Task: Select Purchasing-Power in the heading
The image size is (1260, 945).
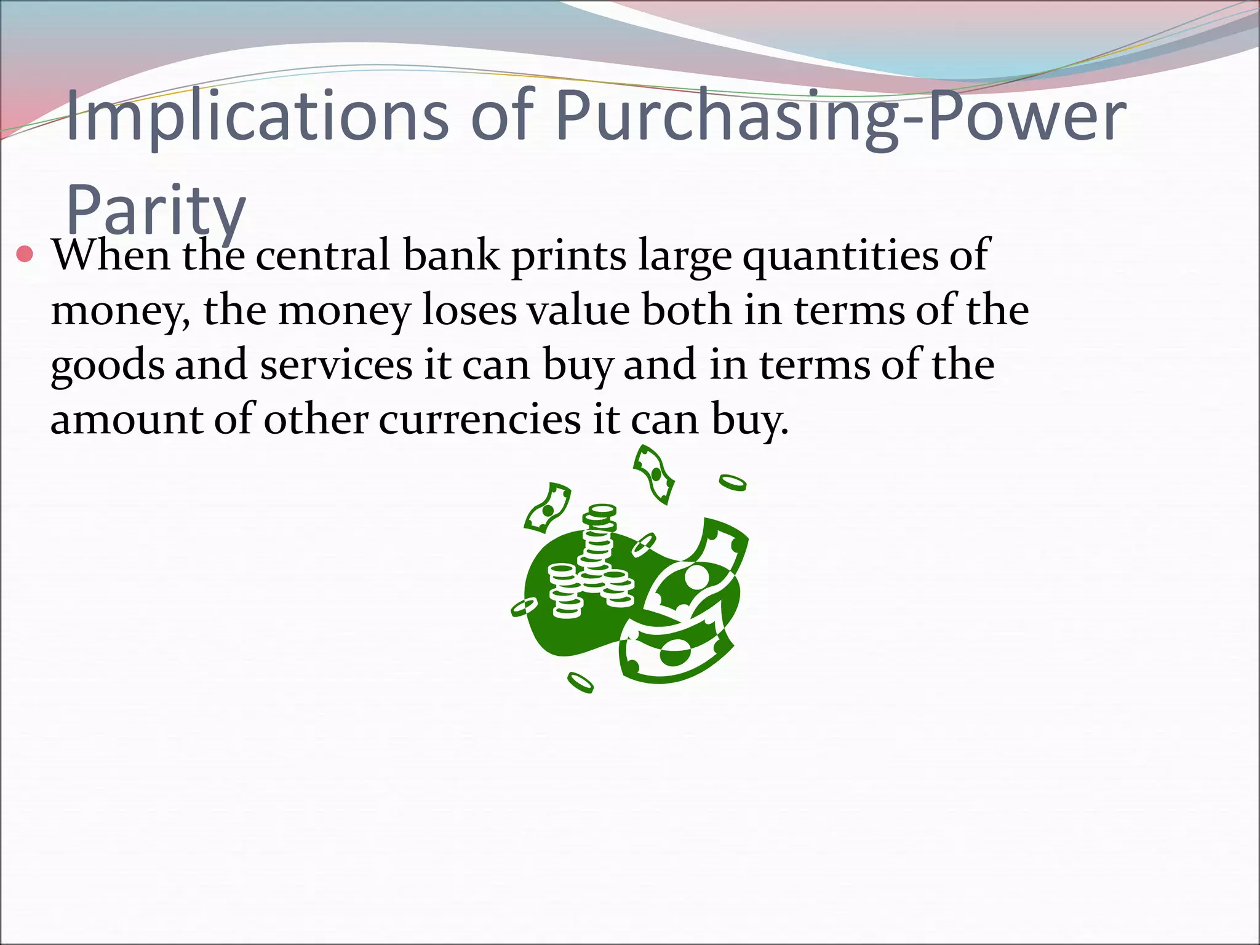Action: click(x=840, y=116)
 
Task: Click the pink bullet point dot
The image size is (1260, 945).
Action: click(x=25, y=254)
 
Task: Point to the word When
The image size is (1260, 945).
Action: click(x=111, y=255)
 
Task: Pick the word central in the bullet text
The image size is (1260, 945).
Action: click(x=322, y=255)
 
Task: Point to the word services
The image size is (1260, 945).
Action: click(x=336, y=365)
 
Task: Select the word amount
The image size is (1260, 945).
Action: click(x=126, y=420)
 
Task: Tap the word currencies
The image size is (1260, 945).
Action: click(x=479, y=420)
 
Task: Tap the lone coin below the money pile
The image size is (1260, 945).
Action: click(x=580, y=682)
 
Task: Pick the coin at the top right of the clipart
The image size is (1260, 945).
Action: click(x=733, y=483)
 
